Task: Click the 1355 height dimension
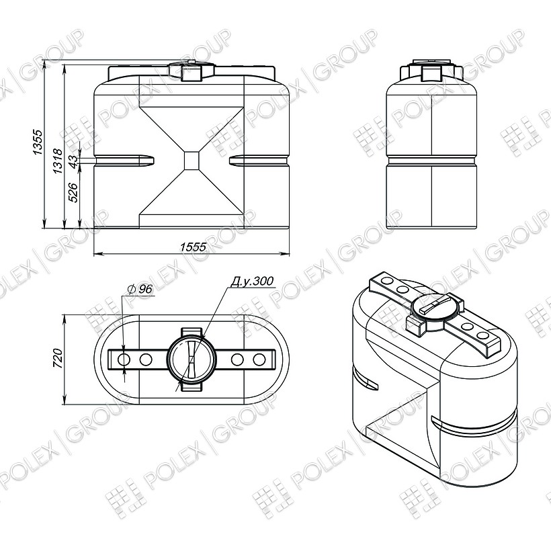coord(37,142)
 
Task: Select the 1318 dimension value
coord(58,161)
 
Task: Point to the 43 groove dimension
coord(73,161)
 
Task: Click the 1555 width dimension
coord(193,247)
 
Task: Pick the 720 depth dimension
coord(57,358)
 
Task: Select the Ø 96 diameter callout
coord(140,289)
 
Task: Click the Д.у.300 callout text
coord(251,281)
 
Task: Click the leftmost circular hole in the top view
coord(124,359)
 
